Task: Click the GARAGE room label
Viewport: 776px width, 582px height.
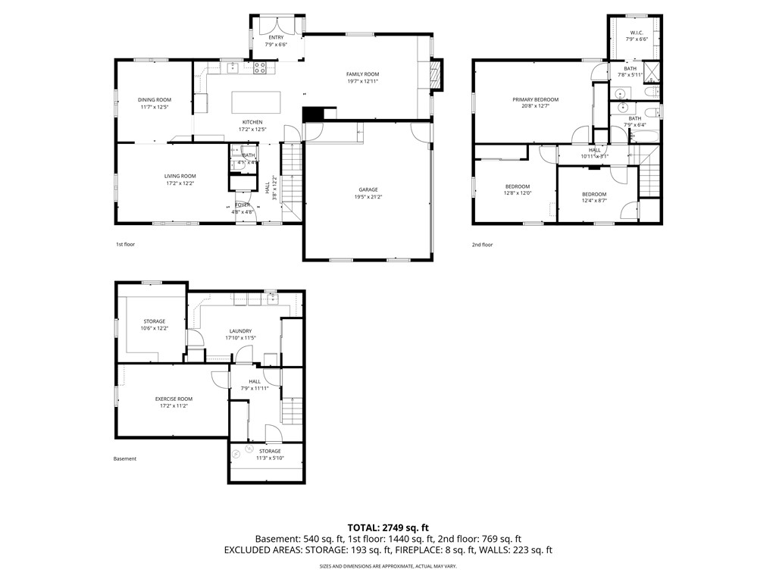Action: tap(368, 189)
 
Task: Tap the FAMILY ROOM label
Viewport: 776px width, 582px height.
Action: tap(362, 74)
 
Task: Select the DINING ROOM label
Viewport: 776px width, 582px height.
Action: tap(154, 100)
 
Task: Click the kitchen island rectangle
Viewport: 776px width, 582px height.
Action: tap(255, 102)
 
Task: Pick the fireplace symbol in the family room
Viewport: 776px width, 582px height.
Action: tap(435, 74)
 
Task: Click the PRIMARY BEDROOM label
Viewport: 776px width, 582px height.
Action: tap(535, 100)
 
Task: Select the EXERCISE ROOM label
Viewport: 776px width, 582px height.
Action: tap(174, 399)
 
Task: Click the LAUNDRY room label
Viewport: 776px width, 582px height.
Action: tap(240, 330)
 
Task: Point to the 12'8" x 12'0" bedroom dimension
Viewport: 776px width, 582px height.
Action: tap(518, 194)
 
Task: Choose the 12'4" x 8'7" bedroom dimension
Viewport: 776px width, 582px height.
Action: tap(594, 201)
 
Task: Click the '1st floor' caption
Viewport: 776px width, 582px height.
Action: tap(125, 245)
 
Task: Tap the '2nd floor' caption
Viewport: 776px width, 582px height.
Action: tap(482, 245)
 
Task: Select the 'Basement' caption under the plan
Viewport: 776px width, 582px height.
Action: tap(125, 458)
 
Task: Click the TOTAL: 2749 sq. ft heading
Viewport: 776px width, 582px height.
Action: tap(388, 527)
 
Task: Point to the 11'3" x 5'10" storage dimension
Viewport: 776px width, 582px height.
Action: tap(268, 458)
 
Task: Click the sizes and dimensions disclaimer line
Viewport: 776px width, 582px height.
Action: tap(388, 566)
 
